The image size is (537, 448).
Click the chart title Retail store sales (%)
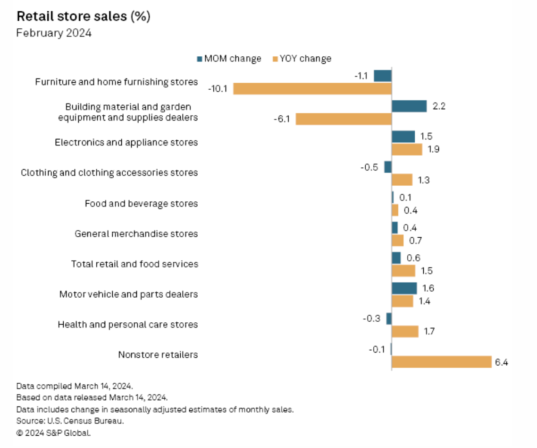pyautogui.click(x=83, y=17)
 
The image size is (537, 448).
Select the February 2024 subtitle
pyautogui.click(x=54, y=33)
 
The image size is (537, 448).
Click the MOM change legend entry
pyautogui.click(x=228, y=59)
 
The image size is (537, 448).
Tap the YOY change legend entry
pyautogui.click(x=302, y=59)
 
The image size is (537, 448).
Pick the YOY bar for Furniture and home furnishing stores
pyautogui.click(x=312, y=89)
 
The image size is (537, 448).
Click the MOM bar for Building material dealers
pyautogui.click(x=409, y=106)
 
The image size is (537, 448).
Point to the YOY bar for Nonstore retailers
pyautogui.click(x=442, y=362)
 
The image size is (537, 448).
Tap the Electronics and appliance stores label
pyautogui.click(x=126, y=142)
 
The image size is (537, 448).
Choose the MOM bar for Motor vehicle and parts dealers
pyautogui.click(x=404, y=288)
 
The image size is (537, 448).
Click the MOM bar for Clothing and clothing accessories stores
pyautogui.click(x=388, y=167)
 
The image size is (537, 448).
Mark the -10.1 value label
pyautogui.click(x=218, y=89)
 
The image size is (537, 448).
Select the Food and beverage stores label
pyautogui.click(x=141, y=204)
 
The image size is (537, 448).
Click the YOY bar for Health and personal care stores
pyautogui.click(x=405, y=332)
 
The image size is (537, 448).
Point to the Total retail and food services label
pyautogui.click(x=134, y=264)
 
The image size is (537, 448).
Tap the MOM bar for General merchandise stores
pyautogui.click(x=395, y=228)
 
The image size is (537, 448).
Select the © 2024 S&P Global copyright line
pyautogui.click(x=53, y=432)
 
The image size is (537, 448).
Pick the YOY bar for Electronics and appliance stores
pyautogui.click(x=407, y=150)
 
